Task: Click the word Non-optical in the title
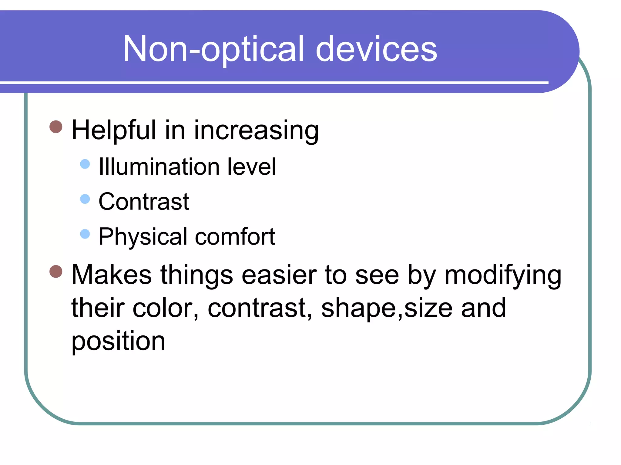pyautogui.click(x=213, y=49)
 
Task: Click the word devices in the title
pyautogui.click(x=376, y=49)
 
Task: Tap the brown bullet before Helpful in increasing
pyautogui.click(x=56, y=127)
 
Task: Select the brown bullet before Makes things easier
pyautogui.click(x=56, y=271)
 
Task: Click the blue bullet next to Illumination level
pyautogui.click(x=85, y=164)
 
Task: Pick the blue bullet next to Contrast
pyautogui.click(x=85, y=199)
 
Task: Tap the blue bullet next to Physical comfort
pyautogui.click(x=85, y=234)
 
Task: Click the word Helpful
pyautogui.click(x=114, y=130)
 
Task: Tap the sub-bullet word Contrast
pyautogui.click(x=144, y=202)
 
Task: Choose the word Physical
pyautogui.click(x=143, y=237)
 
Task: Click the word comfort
pyautogui.click(x=235, y=237)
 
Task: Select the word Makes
pyautogui.click(x=111, y=275)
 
